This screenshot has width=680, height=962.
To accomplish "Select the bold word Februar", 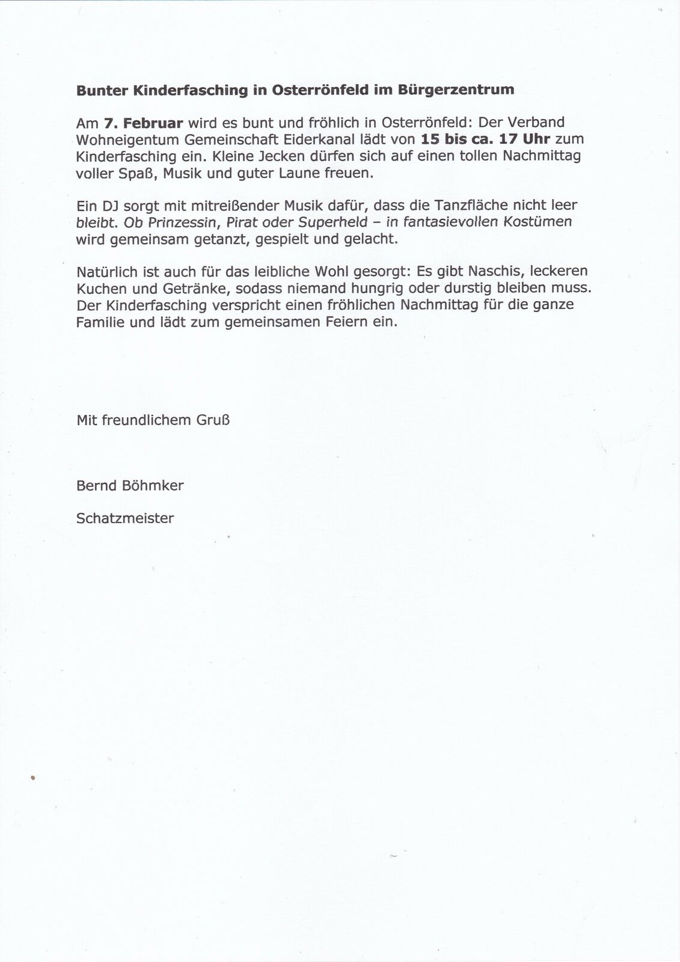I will pos(153,123).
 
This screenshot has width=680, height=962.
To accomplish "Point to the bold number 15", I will pos(431,139).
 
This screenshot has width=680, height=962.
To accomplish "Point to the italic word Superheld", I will pos(333,222).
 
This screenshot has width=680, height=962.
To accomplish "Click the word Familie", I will pos(100,322).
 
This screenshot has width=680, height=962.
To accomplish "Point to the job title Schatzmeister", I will pos(125,518).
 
